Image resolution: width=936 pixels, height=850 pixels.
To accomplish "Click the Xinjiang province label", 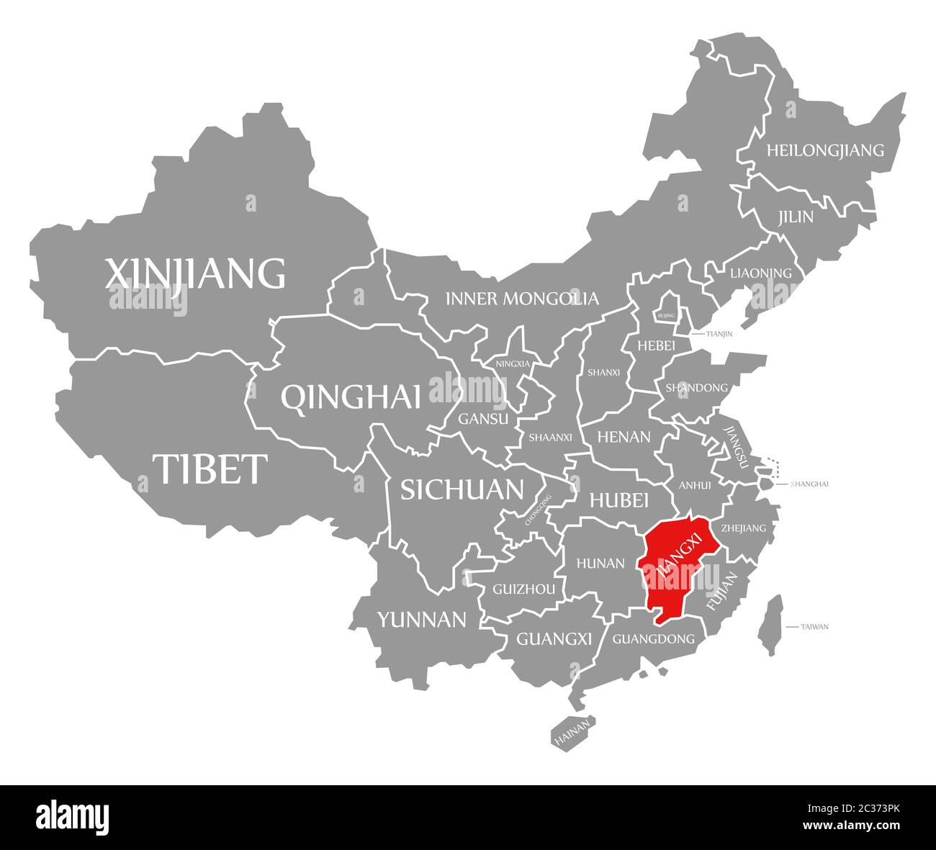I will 195,273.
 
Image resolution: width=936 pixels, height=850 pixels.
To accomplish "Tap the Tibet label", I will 210,469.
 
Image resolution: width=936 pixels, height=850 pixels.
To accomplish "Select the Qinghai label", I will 351,397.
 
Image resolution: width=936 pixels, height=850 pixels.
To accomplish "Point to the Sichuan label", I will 462,489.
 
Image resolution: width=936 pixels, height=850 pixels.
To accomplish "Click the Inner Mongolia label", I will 521,298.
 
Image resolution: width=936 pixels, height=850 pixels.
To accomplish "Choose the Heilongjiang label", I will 824,150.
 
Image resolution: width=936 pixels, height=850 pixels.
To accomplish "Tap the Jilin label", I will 795,217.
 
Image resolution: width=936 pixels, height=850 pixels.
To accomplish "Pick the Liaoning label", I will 761,273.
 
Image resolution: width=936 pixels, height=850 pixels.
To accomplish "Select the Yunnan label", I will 422,619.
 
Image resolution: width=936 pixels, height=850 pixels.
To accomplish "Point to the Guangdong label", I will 653,638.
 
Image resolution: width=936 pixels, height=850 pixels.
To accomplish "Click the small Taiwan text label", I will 815,627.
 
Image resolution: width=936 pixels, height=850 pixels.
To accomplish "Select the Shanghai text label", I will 810,484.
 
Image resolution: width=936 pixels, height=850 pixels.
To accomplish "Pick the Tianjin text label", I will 719,334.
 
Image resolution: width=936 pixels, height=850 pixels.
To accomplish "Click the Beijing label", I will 667,315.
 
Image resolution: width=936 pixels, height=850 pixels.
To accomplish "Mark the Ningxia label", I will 513,363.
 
